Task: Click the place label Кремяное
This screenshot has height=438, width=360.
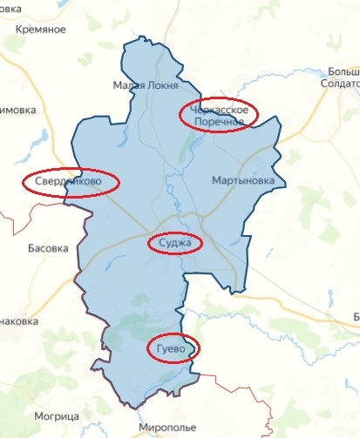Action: pyautogui.click(x=41, y=30)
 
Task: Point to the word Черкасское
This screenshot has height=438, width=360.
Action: pyautogui.click(x=221, y=110)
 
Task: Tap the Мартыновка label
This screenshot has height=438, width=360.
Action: pyautogui.click(x=248, y=181)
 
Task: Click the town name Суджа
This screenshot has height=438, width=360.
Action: pyautogui.click(x=175, y=243)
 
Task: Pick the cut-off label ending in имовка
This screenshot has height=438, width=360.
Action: pyautogui.click(x=17, y=110)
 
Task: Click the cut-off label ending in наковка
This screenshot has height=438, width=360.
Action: pyautogui.click(x=19, y=320)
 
